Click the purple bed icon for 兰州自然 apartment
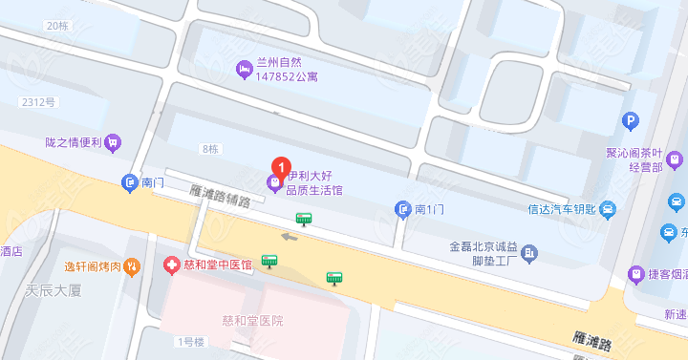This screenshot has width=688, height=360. point(244,69)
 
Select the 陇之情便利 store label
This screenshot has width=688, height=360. point(74,142)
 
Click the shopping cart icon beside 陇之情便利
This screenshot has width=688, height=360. point(114,142)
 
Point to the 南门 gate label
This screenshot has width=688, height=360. point(154,181)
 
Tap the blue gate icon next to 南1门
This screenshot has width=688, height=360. point(403,208)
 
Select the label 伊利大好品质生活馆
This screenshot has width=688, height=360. point(315,183)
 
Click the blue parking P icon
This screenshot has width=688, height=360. point(630,120)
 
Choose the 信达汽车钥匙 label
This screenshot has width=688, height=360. point(561,209)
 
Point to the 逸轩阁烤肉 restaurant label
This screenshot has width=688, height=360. point(94,266)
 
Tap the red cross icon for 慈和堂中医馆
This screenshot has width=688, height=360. point(170,264)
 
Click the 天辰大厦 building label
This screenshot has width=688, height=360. point(55,289)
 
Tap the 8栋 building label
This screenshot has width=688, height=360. point(211,149)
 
